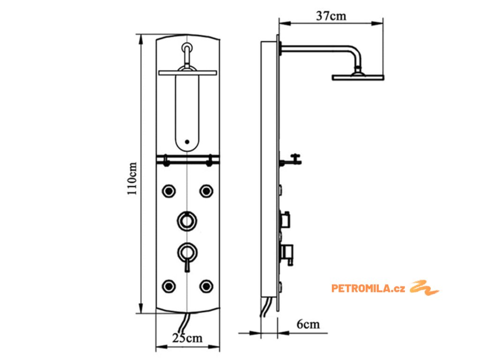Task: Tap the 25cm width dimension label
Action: (x=187, y=337)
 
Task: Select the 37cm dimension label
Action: (x=331, y=16)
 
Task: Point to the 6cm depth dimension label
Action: (x=308, y=324)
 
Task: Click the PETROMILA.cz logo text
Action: (x=368, y=288)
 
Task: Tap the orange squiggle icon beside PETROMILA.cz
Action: (x=425, y=287)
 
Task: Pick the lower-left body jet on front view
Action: (x=168, y=285)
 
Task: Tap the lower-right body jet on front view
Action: (x=206, y=285)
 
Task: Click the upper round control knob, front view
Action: (x=187, y=219)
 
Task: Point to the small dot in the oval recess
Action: (x=187, y=141)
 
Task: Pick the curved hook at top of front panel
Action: (x=187, y=52)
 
